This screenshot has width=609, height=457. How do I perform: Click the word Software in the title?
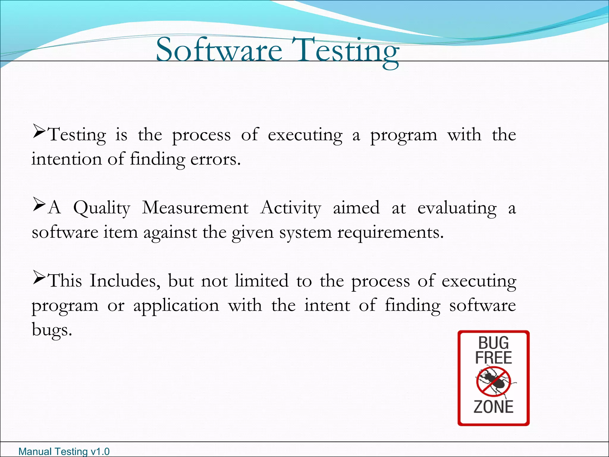[x=219, y=50]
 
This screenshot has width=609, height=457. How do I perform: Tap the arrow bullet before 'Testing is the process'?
[x=39, y=132]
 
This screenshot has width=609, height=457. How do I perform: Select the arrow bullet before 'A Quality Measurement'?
[x=39, y=205]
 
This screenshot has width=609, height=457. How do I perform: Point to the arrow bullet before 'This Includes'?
[x=39, y=278]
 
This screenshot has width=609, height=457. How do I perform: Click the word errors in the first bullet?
[x=215, y=159]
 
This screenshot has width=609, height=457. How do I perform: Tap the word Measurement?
[x=195, y=208]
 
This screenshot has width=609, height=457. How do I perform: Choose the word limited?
[x=262, y=281]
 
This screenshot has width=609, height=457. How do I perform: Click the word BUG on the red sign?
[x=493, y=343]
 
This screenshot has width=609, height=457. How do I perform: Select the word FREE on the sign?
[x=493, y=358]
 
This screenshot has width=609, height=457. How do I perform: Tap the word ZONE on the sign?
[x=493, y=407]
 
